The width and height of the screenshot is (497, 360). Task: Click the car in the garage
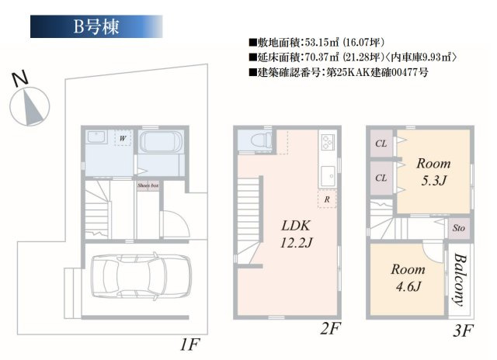(136, 275)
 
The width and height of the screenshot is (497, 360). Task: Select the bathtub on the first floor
(162, 142)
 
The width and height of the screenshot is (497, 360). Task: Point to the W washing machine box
(122, 138)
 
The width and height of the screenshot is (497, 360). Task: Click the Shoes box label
(148, 186)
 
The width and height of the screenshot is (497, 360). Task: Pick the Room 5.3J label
(433, 171)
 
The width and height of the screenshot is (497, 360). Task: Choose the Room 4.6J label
(408, 277)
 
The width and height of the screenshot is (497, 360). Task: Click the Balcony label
(459, 279)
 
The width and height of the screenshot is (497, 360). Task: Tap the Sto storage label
(458, 229)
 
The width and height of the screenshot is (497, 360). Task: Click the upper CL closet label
(381, 144)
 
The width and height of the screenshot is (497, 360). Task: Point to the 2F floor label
(330, 329)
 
